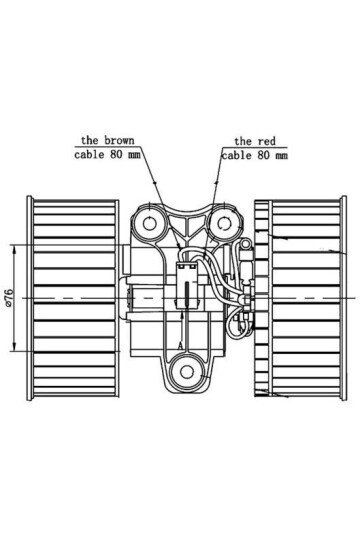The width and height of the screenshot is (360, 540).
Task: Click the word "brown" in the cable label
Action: (x=121, y=141)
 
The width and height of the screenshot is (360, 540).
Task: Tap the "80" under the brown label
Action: (x=119, y=155)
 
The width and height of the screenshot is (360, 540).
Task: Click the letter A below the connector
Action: (x=179, y=343)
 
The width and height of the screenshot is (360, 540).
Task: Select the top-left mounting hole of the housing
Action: (x=152, y=219)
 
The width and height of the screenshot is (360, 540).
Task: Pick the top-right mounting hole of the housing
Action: (x=218, y=219)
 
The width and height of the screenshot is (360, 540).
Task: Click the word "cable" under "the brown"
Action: (x=91, y=155)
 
